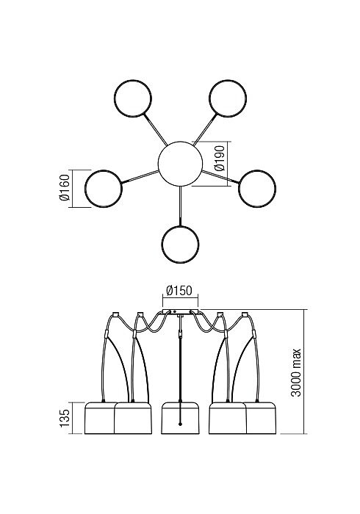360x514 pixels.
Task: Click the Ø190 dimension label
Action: coord(220,159)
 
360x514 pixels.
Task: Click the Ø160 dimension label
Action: coord(65,187)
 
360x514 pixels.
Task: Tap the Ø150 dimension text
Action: coord(179,291)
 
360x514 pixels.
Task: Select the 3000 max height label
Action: coord(296,372)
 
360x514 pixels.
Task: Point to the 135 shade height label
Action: coord(65,418)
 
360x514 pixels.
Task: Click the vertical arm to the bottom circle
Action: coord(180,206)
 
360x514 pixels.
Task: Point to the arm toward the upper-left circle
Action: coord(156,128)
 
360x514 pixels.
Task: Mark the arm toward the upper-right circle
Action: coord(205,128)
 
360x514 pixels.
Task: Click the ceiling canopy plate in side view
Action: coord(180,311)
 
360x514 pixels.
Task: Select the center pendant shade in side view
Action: coord(180,418)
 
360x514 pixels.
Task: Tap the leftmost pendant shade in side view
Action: coord(100,418)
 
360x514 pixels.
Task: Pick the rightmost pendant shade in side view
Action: coord(261,418)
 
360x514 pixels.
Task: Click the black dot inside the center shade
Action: coord(180,424)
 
